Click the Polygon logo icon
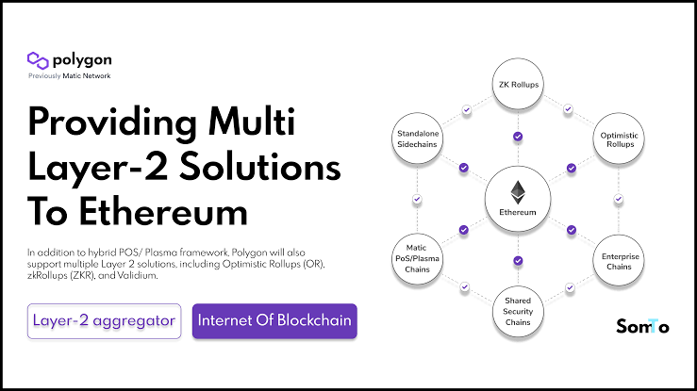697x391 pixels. point(39,60)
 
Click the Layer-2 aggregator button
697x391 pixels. point(104,321)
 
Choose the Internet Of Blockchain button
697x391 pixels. point(274,321)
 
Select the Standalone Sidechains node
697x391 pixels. point(417,141)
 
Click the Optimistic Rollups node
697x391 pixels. point(619,141)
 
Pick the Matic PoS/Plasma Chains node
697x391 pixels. point(417,255)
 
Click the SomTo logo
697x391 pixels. point(642,327)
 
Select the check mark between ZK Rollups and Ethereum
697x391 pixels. point(518,137)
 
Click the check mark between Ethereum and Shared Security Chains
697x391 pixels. point(518,261)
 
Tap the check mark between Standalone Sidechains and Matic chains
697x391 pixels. point(417,199)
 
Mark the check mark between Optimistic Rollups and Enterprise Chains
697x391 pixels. point(619,199)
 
